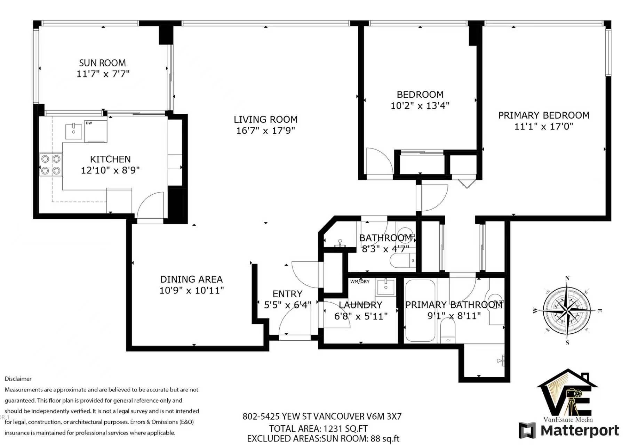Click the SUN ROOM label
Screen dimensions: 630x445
coord(103,63)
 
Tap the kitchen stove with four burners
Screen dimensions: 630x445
coord(51,165)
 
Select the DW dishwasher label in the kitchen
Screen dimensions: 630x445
coord(89,123)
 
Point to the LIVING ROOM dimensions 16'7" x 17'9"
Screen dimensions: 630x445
coord(266,131)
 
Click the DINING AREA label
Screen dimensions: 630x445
coord(191,280)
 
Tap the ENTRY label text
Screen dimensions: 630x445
coord(287,294)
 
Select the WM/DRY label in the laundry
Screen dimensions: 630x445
coord(360,282)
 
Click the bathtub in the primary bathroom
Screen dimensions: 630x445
coord(421,310)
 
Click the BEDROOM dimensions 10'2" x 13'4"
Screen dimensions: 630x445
coord(420,106)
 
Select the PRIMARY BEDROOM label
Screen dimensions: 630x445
coord(544,115)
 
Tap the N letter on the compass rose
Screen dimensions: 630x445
coord(567,278)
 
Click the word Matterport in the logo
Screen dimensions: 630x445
coord(580,430)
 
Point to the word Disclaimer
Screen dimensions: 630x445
coord(18,379)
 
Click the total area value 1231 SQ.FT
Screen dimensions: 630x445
coord(346,429)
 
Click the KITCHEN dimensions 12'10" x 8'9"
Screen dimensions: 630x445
coord(110,170)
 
